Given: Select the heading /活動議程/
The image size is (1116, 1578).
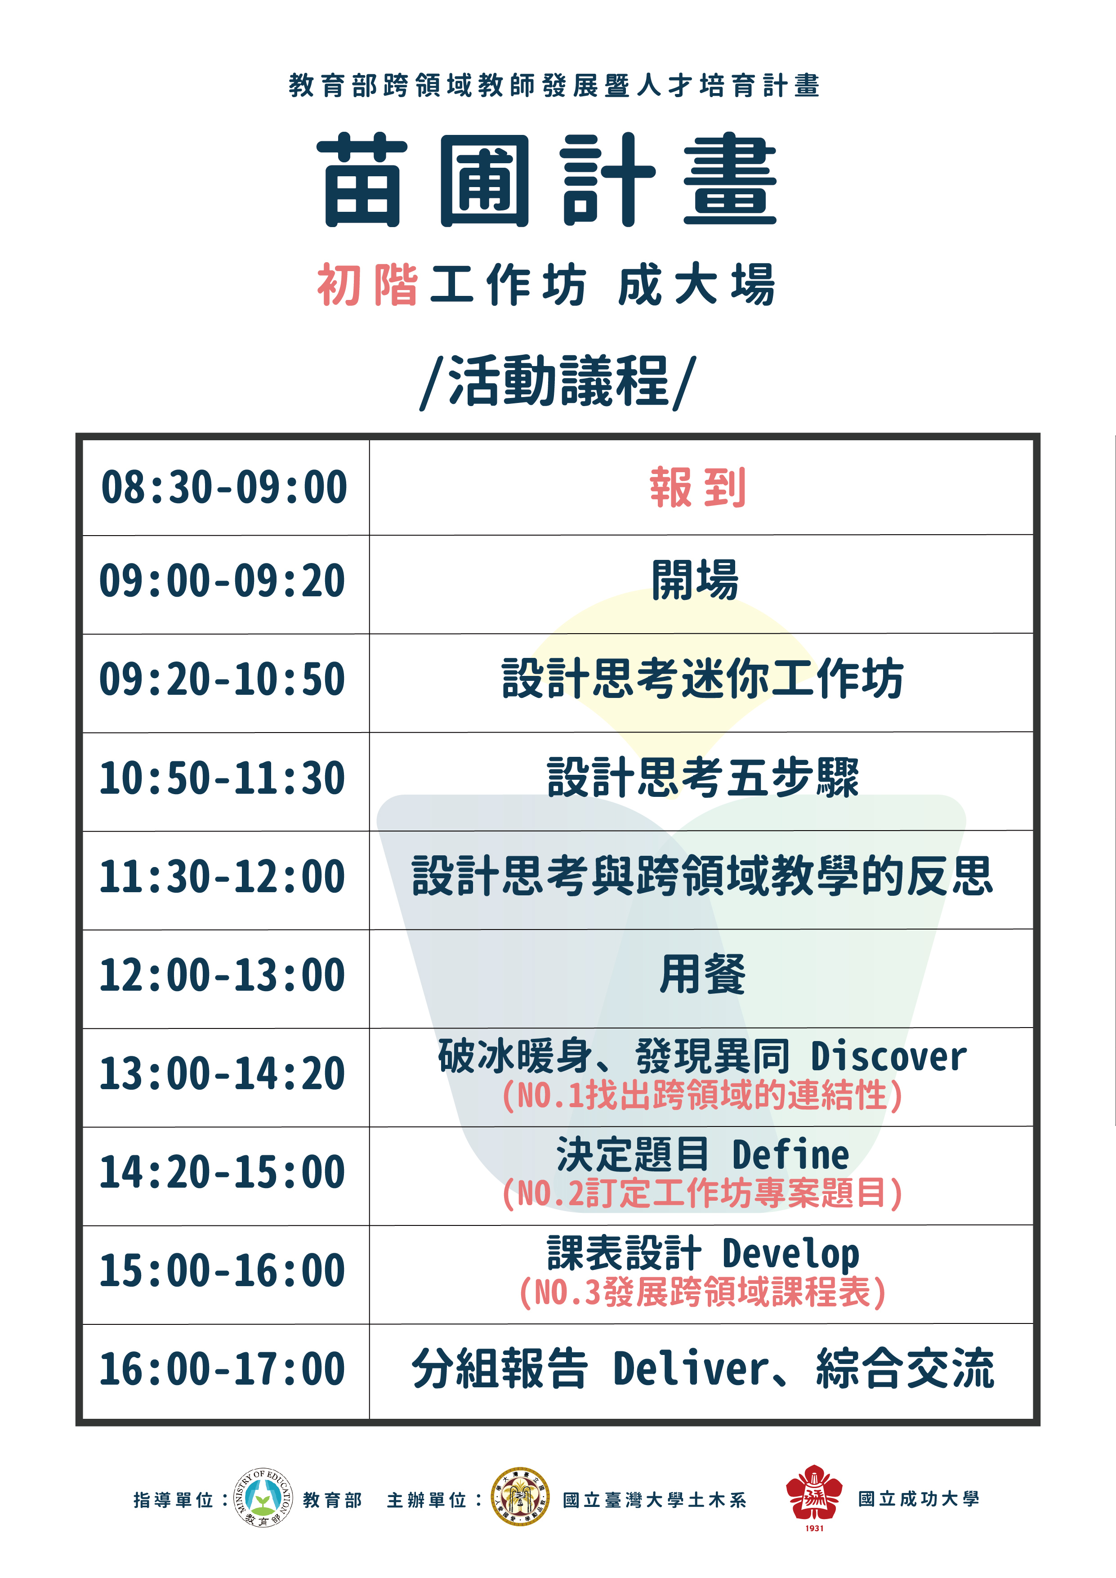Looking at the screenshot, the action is coord(558,382).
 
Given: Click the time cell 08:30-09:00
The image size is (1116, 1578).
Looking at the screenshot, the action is coord(224,487).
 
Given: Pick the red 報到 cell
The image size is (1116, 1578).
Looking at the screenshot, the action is coord(697,487).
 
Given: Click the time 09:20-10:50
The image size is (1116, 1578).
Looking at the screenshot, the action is coord(222,679).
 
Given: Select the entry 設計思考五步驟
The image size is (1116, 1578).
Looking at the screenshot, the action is coord(703,778).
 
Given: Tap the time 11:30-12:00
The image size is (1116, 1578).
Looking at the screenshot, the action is coord(222,877).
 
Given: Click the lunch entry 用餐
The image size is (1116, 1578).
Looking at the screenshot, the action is coord(702,975).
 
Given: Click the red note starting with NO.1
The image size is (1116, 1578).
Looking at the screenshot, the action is coord(702,1095).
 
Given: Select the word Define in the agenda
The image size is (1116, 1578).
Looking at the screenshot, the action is coord(790,1155).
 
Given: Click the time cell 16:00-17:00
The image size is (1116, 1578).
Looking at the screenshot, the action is coord(222,1369).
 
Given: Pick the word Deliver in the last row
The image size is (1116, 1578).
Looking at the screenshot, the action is coord(691,1368).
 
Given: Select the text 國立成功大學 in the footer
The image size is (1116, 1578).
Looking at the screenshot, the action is coord(919,1499).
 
